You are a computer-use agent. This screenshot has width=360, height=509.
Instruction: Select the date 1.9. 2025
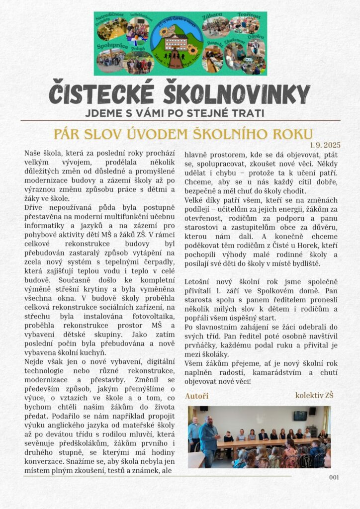pyautogui.click(x=325, y=145)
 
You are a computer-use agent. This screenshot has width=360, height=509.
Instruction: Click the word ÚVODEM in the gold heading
pyautogui.click(x=189, y=134)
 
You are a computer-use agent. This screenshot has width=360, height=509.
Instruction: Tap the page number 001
pyautogui.click(x=334, y=477)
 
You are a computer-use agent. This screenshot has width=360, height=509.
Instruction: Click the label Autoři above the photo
pyautogui.click(x=196, y=396)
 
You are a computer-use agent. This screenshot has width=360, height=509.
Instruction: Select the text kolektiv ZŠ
pyautogui.click(x=314, y=396)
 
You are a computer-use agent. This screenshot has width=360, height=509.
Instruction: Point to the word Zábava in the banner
pyautogui.click(x=212, y=17)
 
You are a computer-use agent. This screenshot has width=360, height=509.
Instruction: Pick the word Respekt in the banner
pyautogui.click(x=214, y=43)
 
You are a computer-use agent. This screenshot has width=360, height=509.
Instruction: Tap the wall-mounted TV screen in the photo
pyautogui.click(x=300, y=415)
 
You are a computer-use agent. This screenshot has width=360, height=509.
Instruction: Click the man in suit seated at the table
pyautogui.click(x=264, y=435)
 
